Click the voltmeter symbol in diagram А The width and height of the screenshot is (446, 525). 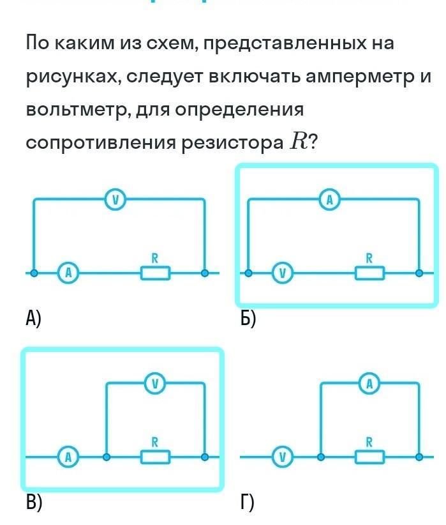coord(115,200)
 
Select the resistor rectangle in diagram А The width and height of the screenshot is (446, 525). coord(156,273)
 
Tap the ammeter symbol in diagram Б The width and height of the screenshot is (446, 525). coord(330,200)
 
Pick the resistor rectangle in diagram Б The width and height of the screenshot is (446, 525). coord(370,273)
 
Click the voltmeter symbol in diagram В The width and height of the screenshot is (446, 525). coord(155,384)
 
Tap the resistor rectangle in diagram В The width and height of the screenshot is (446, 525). coord(156,457)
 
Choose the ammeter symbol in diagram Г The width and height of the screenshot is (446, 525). coord(369,384)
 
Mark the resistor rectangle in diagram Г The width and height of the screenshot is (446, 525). coord(370,457)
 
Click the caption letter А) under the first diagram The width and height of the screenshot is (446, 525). coord(33,317)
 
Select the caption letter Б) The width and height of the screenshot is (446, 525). coord(248,317)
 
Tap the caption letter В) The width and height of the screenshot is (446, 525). coord(34,502)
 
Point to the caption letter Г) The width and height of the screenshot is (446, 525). coord(247,502)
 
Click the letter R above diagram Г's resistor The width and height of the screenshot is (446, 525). coord(369,441)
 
